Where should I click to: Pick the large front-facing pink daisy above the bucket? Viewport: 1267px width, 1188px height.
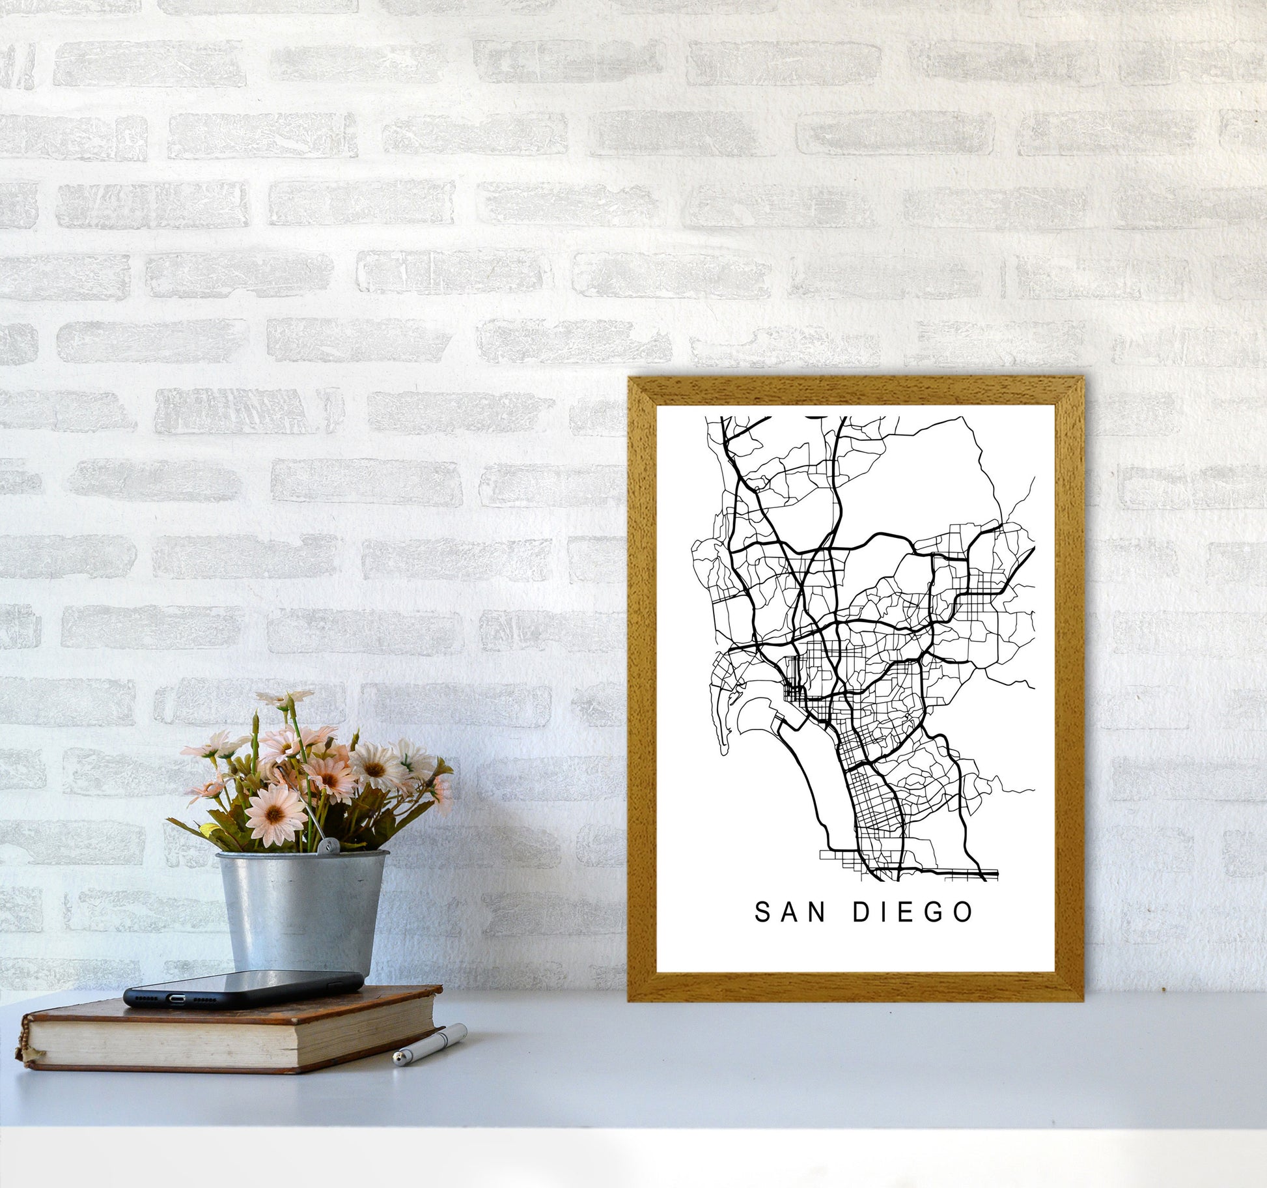coord(276,814)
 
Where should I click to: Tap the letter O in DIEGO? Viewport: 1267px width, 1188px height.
coord(964,912)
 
